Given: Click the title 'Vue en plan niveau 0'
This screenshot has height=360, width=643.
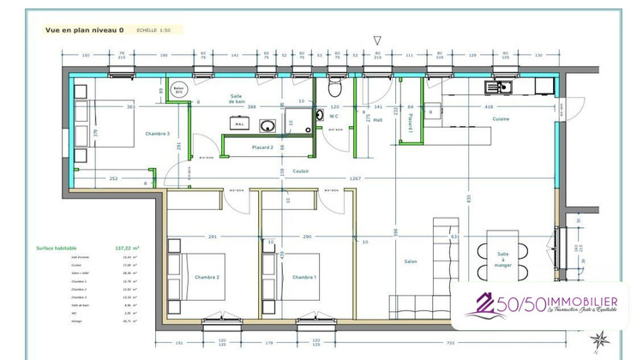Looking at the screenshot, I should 83,29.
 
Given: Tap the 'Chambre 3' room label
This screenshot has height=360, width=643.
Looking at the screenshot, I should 157,134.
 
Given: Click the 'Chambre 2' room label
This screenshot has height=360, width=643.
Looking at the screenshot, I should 207,277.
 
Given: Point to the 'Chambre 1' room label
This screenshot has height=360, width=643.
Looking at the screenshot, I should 303,277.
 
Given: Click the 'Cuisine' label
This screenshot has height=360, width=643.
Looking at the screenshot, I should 501,119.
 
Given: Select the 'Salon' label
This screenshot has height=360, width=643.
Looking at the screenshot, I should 411,261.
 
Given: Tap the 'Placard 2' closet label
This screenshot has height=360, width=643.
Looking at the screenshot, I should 261,147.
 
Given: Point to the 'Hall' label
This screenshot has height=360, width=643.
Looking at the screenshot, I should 378,120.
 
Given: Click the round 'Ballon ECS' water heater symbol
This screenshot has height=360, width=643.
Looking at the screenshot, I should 179,90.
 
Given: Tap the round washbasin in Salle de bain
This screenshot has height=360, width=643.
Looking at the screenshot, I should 267,126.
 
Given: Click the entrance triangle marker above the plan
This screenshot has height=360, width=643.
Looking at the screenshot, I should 377,39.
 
